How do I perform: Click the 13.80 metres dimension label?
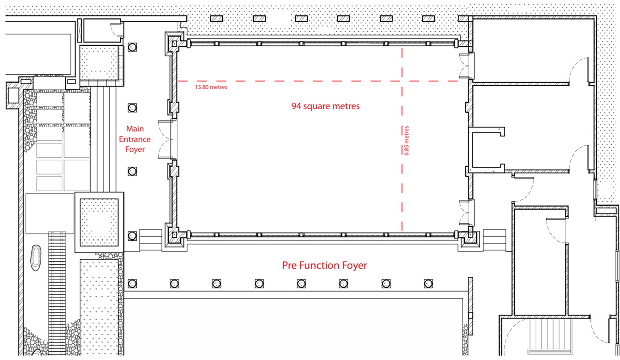tap(211, 87)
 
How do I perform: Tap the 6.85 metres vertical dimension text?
tap(406, 141)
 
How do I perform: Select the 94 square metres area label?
tap(325, 106)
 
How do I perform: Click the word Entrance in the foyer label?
tap(135, 139)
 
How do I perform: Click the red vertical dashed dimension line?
tap(402, 140)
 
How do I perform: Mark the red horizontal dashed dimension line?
tap(318, 81)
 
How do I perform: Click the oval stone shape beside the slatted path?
tap(36, 258)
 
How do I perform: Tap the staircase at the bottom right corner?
tap(550, 336)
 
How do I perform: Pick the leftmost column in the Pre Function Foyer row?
tap(132, 284)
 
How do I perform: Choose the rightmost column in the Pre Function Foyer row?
tap(428, 284)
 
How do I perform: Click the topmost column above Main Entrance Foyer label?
tap(132, 47)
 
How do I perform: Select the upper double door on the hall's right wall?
tap(467, 66)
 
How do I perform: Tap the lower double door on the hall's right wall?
tap(467, 213)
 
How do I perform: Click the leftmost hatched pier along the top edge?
tap(217, 18)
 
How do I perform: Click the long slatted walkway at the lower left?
tap(57, 294)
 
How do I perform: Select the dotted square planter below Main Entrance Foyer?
tap(99, 222)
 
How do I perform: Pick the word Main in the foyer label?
tap(135, 129)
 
